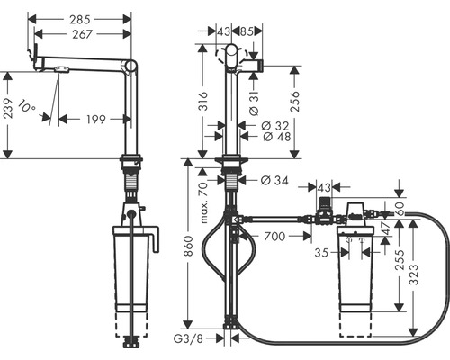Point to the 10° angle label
26,110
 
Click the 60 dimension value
400,208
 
